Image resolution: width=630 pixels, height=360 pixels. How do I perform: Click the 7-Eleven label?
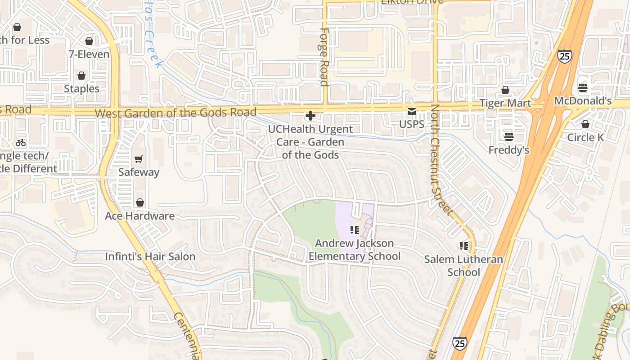tap(89, 54)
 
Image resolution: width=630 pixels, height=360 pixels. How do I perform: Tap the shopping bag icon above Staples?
tap(81, 76)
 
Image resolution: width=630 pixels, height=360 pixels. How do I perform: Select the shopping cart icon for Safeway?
tap(139, 159)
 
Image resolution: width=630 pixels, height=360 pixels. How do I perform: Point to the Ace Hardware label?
tap(139, 216)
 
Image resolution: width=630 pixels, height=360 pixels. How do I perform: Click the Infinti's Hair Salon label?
tap(150, 256)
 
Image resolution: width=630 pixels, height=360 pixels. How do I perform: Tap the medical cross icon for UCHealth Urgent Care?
tap(310, 116)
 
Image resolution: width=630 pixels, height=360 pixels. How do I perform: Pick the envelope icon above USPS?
tap(412, 111)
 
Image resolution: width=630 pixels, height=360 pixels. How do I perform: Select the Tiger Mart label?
tap(505, 103)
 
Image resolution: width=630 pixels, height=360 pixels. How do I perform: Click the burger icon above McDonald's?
tap(583, 88)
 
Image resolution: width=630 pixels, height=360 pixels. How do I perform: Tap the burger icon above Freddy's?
tap(509, 136)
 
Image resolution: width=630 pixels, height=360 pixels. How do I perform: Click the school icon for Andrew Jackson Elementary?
tap(355, 230)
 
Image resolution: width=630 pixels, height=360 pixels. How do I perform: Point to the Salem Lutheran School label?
tap(463, 265)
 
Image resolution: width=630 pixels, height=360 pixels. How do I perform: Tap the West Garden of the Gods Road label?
tap(175, 112)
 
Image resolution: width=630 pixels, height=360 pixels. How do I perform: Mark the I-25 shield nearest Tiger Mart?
tap(564, 56)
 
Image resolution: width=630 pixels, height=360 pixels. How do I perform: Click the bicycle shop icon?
tap(21, 143)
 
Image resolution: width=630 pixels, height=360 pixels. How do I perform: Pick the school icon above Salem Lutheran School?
tap(464, 246)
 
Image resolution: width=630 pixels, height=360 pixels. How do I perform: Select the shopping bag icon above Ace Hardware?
tap(139, 203)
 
